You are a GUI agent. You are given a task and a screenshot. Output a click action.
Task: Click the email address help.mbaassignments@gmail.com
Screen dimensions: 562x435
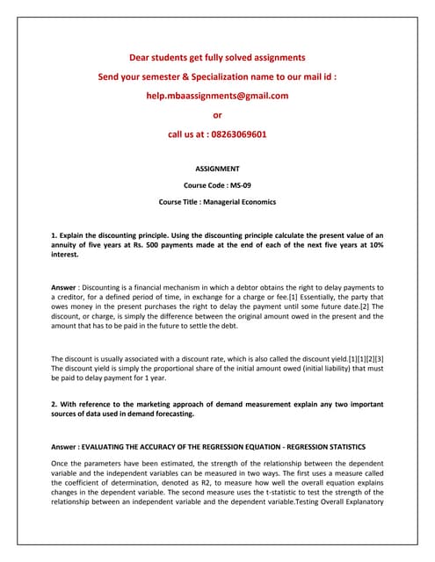pyautogui.click(x=217, y=96)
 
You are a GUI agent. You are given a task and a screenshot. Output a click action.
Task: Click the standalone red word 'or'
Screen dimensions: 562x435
pyautogui.click(x=218, y=115)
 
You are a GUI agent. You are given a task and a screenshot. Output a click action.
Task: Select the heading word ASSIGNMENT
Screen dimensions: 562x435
pyautogui.click(x=217, y=168)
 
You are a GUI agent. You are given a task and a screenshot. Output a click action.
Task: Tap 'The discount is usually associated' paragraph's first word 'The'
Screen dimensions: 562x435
pyautogui.click(x=59, y=358)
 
